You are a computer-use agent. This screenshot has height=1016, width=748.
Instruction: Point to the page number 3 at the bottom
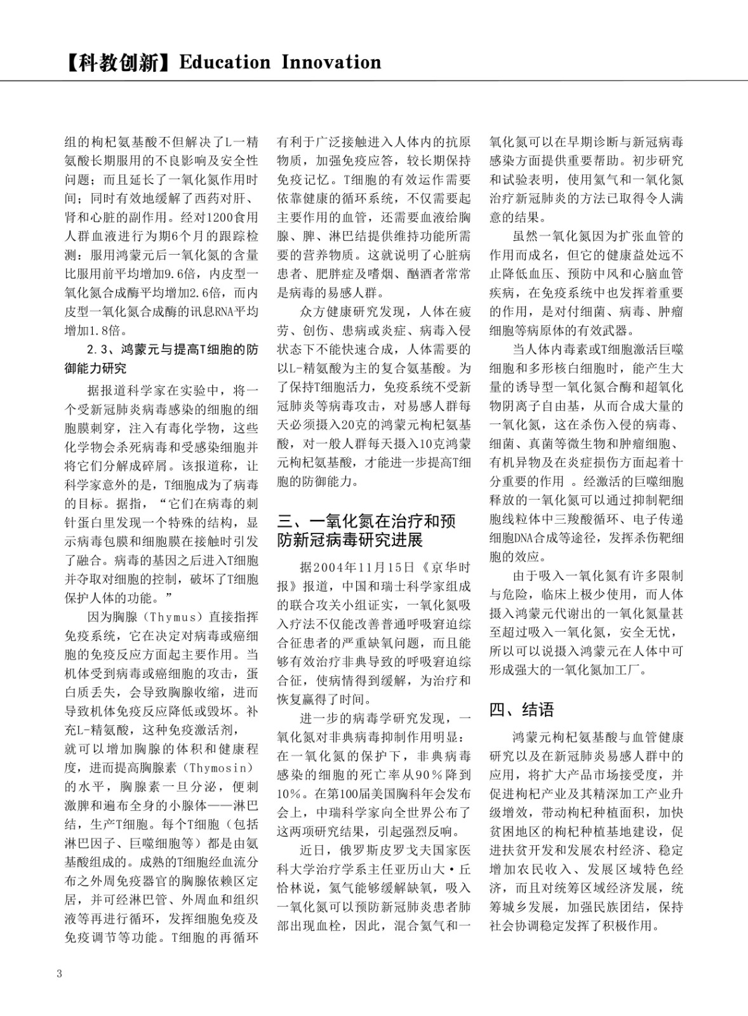(x=60, y=973)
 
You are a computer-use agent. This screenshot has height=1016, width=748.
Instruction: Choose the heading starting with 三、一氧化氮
(x=366, y=531)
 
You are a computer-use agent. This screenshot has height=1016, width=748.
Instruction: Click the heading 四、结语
(x=521, y=709)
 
